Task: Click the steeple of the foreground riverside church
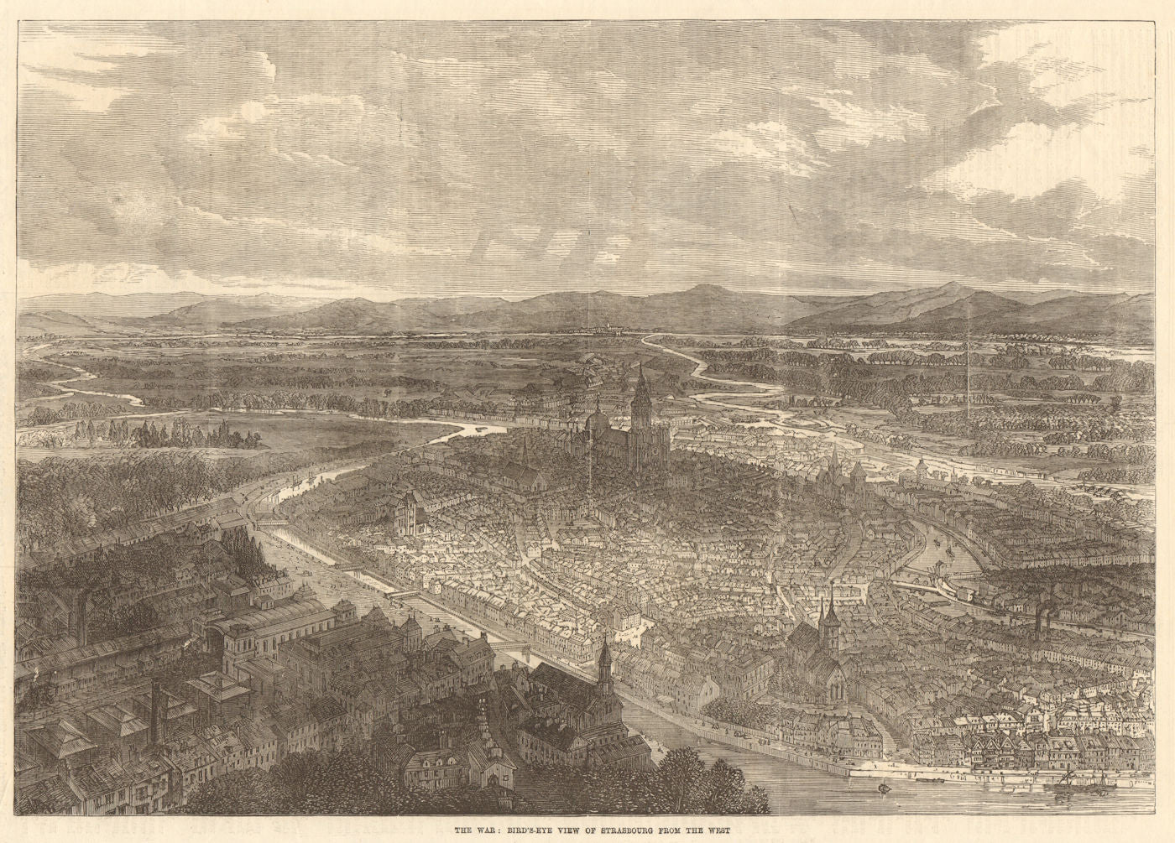tap(603, 654)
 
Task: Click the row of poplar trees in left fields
tap(159, 434)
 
